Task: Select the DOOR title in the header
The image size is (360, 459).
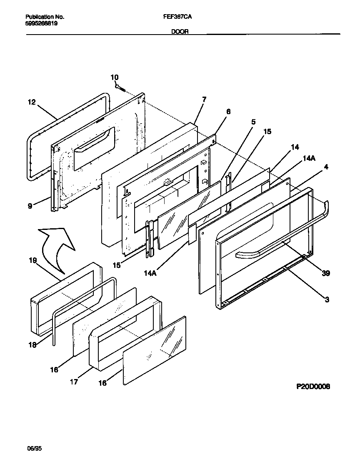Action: coord(180,31)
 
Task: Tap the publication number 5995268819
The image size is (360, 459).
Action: coord(42,24)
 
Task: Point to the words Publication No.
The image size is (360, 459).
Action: coord(45,17)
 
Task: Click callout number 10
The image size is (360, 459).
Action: coord(115,77)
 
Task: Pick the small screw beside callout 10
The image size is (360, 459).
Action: coord(121,87)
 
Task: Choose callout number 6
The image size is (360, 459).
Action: coord(228,112)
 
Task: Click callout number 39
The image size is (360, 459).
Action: coord(326,273)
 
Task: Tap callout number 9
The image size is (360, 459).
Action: coord(30,205)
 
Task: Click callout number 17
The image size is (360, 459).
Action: coord(74,382)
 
